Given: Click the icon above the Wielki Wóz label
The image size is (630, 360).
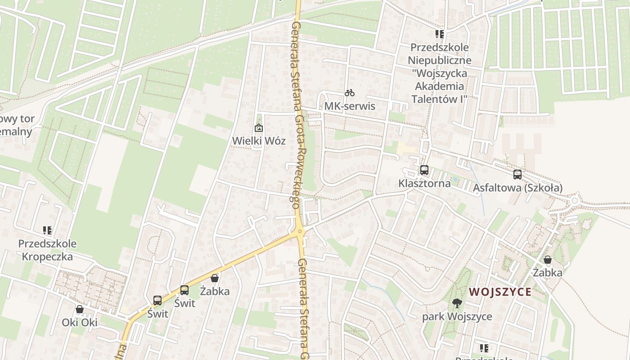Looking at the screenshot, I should click(259, 128).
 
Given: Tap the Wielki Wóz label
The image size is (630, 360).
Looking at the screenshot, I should click(259, 140).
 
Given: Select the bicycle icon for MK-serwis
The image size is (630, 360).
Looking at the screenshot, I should click(350, 93).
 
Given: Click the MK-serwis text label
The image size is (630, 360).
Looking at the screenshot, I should click(350, 106).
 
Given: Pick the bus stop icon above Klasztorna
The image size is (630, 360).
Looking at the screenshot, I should click(424, 170).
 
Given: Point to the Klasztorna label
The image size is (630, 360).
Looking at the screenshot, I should click(424, 183).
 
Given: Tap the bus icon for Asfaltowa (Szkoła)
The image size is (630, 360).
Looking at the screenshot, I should click(517, 175).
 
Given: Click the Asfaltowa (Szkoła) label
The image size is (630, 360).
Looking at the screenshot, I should click(517, 188).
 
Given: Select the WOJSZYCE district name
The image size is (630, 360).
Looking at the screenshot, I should click(500, 292).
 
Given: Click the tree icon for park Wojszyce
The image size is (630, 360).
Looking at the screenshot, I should click(457, 303).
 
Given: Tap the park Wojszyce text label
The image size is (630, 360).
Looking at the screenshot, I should click(457, 316).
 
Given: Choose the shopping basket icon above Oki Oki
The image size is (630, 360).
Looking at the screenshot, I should click(80, 309).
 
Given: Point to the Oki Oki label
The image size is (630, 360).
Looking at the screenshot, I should click(80, 322).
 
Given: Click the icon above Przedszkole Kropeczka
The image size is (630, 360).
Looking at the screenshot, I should click(47, 230).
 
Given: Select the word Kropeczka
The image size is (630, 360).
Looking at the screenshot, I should click(47, 256).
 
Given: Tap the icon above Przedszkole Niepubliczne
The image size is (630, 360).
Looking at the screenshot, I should click(440, 34).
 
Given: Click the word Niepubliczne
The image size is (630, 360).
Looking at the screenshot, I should click(440, 60).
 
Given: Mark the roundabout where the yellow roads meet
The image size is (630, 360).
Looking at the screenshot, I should click(300, 232).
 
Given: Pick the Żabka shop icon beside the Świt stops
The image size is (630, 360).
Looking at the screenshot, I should click(215, 278).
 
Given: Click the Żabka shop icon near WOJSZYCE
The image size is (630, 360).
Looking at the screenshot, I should click(548, 260).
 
